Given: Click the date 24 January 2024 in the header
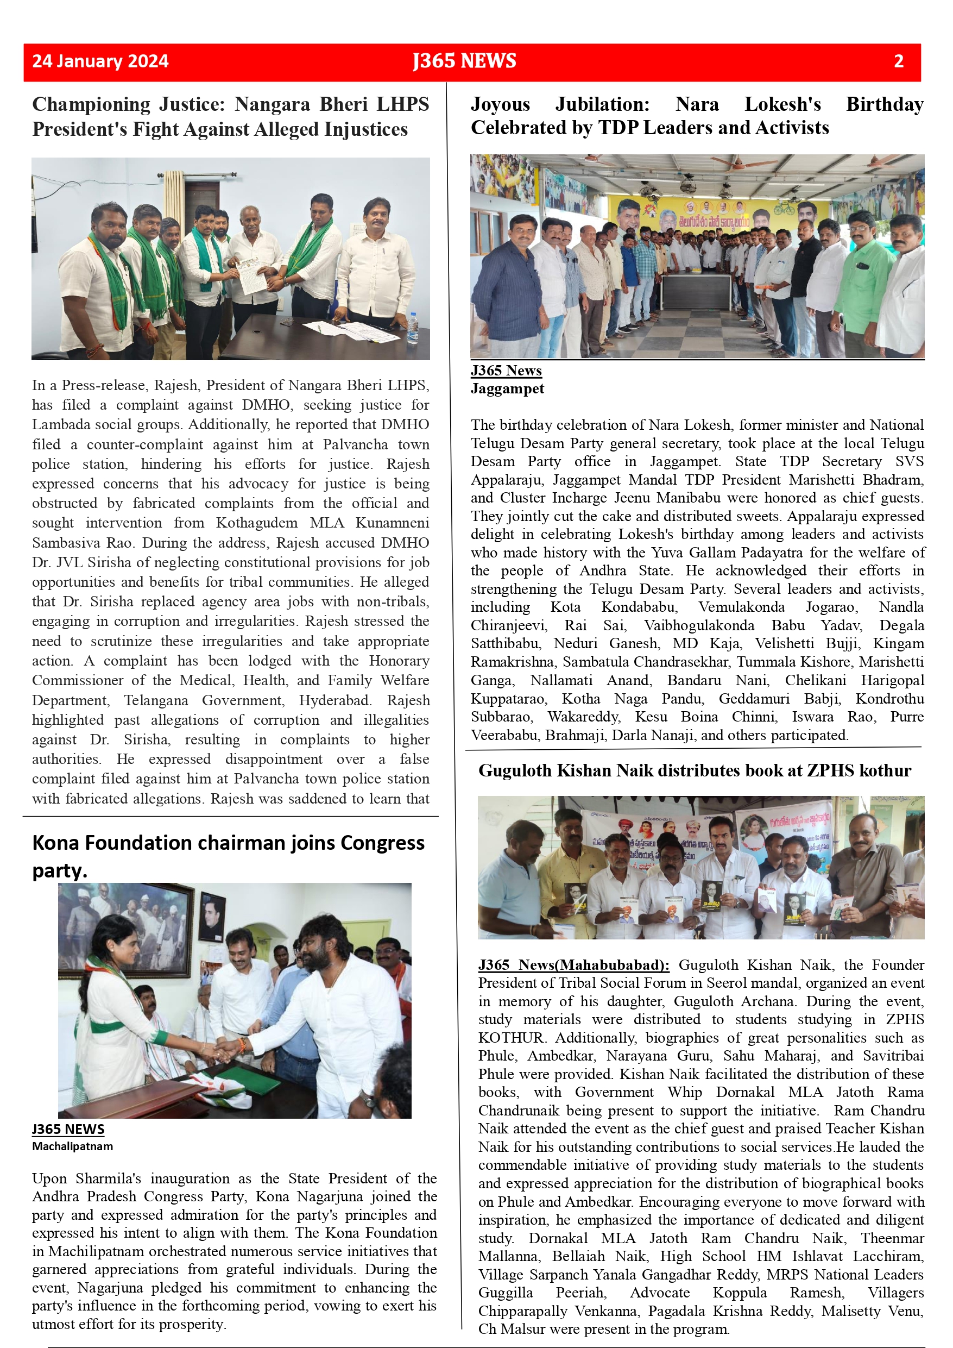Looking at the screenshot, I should coord(100,61).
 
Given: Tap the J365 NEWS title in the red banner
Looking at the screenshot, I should coord(464,61).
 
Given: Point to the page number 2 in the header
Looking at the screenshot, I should coord(898,61).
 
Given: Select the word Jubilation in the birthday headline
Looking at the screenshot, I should coord(602,104).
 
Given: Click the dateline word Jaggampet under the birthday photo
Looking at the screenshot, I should coord(507,388).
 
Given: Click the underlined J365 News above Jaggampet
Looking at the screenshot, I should coord(506,371).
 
